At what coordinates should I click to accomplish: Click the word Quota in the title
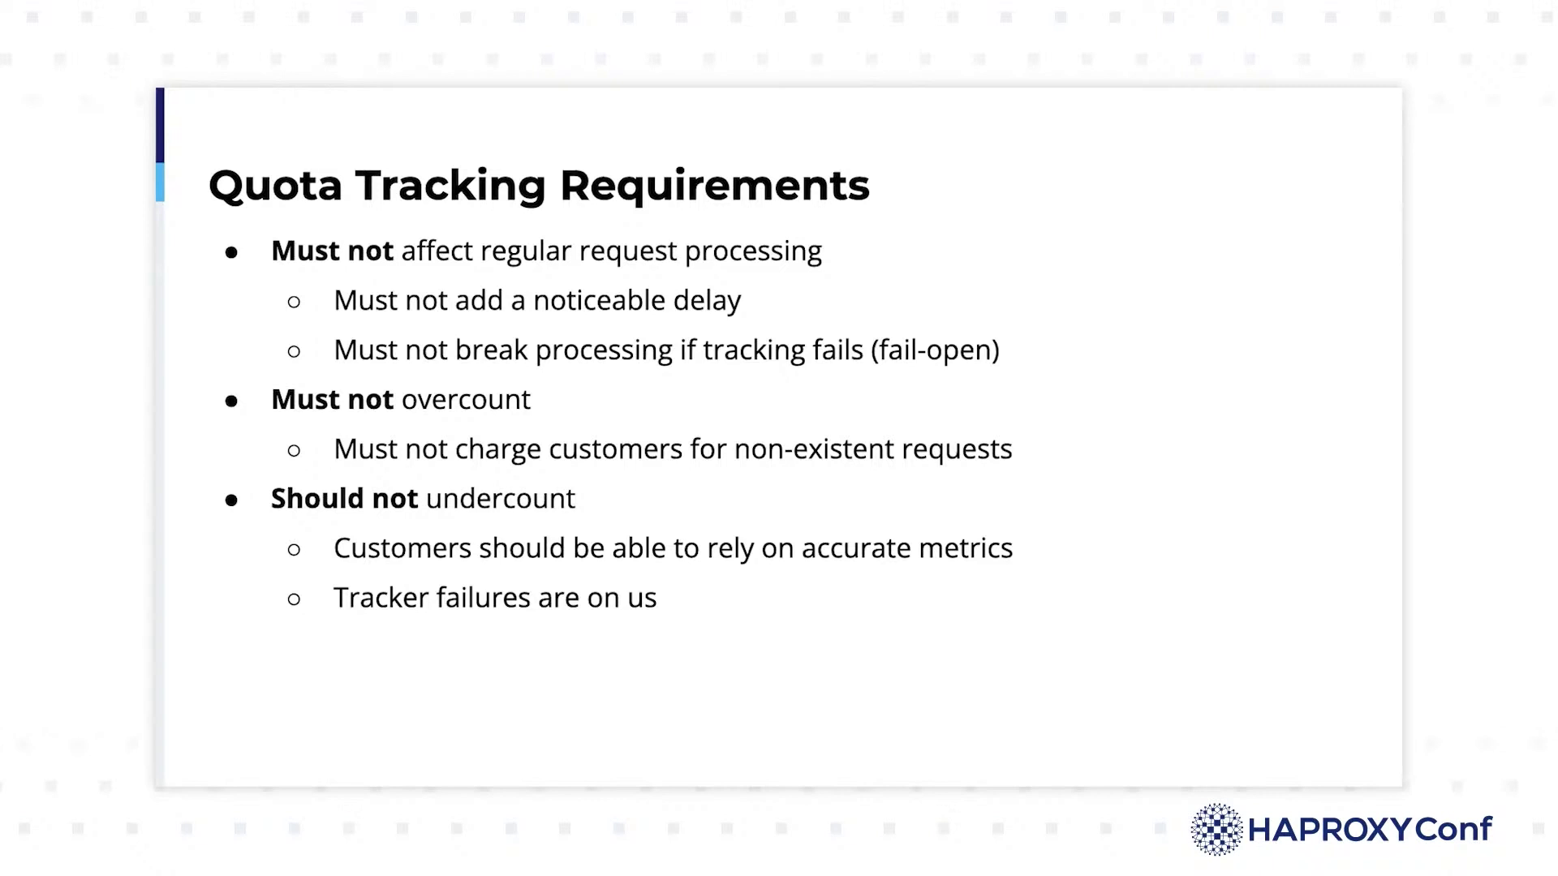[275, 186]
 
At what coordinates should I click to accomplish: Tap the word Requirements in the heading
[714, 187]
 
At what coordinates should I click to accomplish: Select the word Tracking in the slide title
[450, 187]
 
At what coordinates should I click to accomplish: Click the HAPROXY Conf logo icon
[1216, 829]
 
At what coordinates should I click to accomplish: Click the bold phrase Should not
[344, 498]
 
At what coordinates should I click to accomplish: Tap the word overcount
[466, 400]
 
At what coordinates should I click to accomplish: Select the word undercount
[500, 498]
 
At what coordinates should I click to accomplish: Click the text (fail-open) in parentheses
[936, 350]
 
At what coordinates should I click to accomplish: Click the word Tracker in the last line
[381, 598]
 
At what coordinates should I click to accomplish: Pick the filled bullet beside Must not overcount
[231, 401]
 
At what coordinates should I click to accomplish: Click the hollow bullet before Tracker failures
[294, 599]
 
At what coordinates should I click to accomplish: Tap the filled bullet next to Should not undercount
[231, 500]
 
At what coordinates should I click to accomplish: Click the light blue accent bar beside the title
[160, 182]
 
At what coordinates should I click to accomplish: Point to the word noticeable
[599, 301]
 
